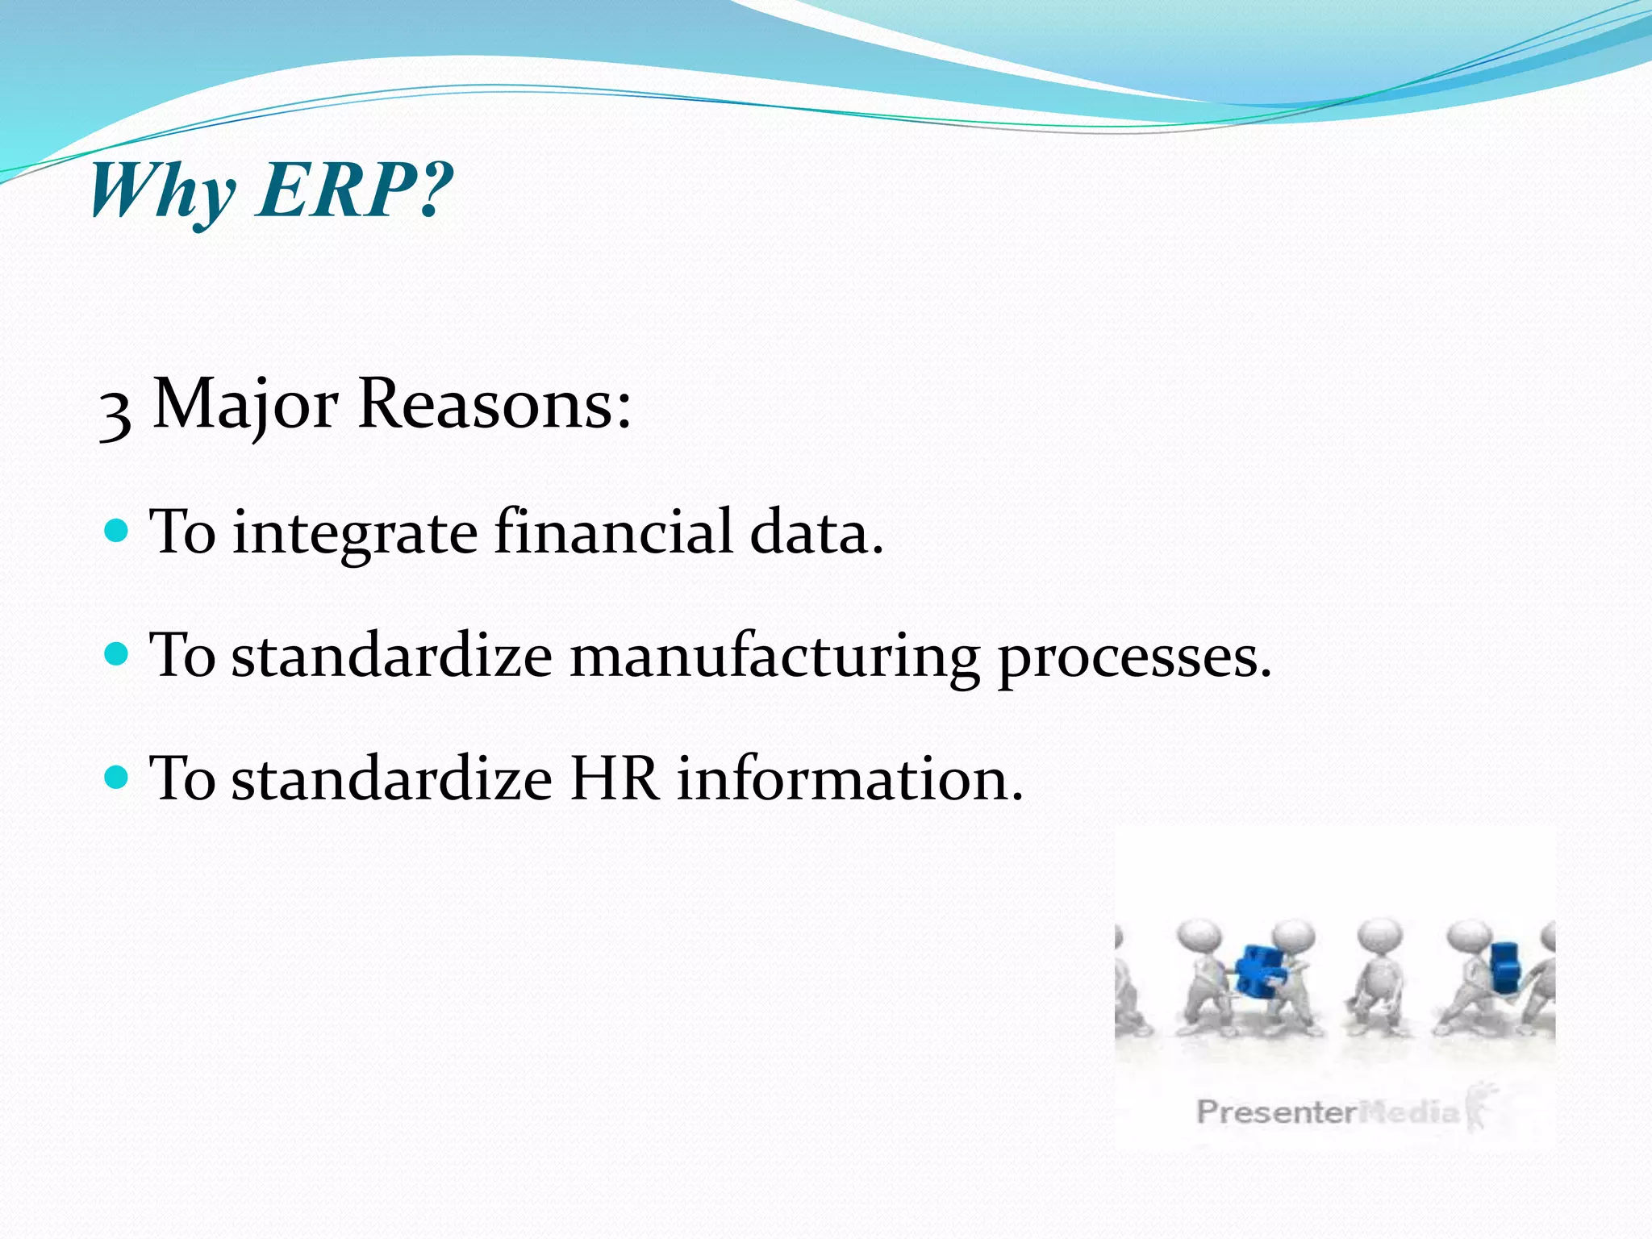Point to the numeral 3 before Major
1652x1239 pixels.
115,411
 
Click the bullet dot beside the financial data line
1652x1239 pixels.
117,531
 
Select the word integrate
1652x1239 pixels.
355,532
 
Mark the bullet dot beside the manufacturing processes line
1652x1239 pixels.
117,653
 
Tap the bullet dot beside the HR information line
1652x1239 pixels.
117,778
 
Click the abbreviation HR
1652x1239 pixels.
614,779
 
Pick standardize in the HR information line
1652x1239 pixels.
392,779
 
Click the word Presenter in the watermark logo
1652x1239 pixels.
1274,1112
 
